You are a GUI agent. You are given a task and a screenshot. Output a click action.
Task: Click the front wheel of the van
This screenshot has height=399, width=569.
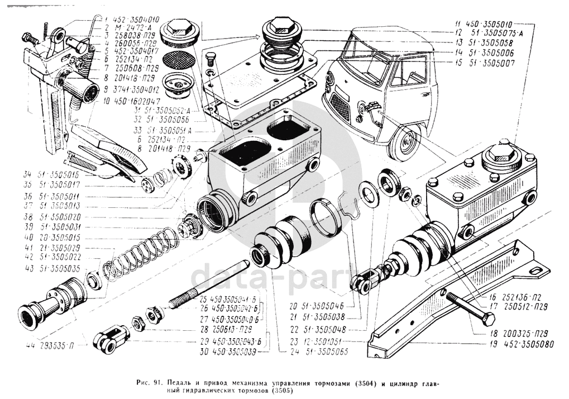coord(404,142)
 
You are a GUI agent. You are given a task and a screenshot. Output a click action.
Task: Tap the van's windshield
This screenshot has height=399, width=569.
coord(366,56)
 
